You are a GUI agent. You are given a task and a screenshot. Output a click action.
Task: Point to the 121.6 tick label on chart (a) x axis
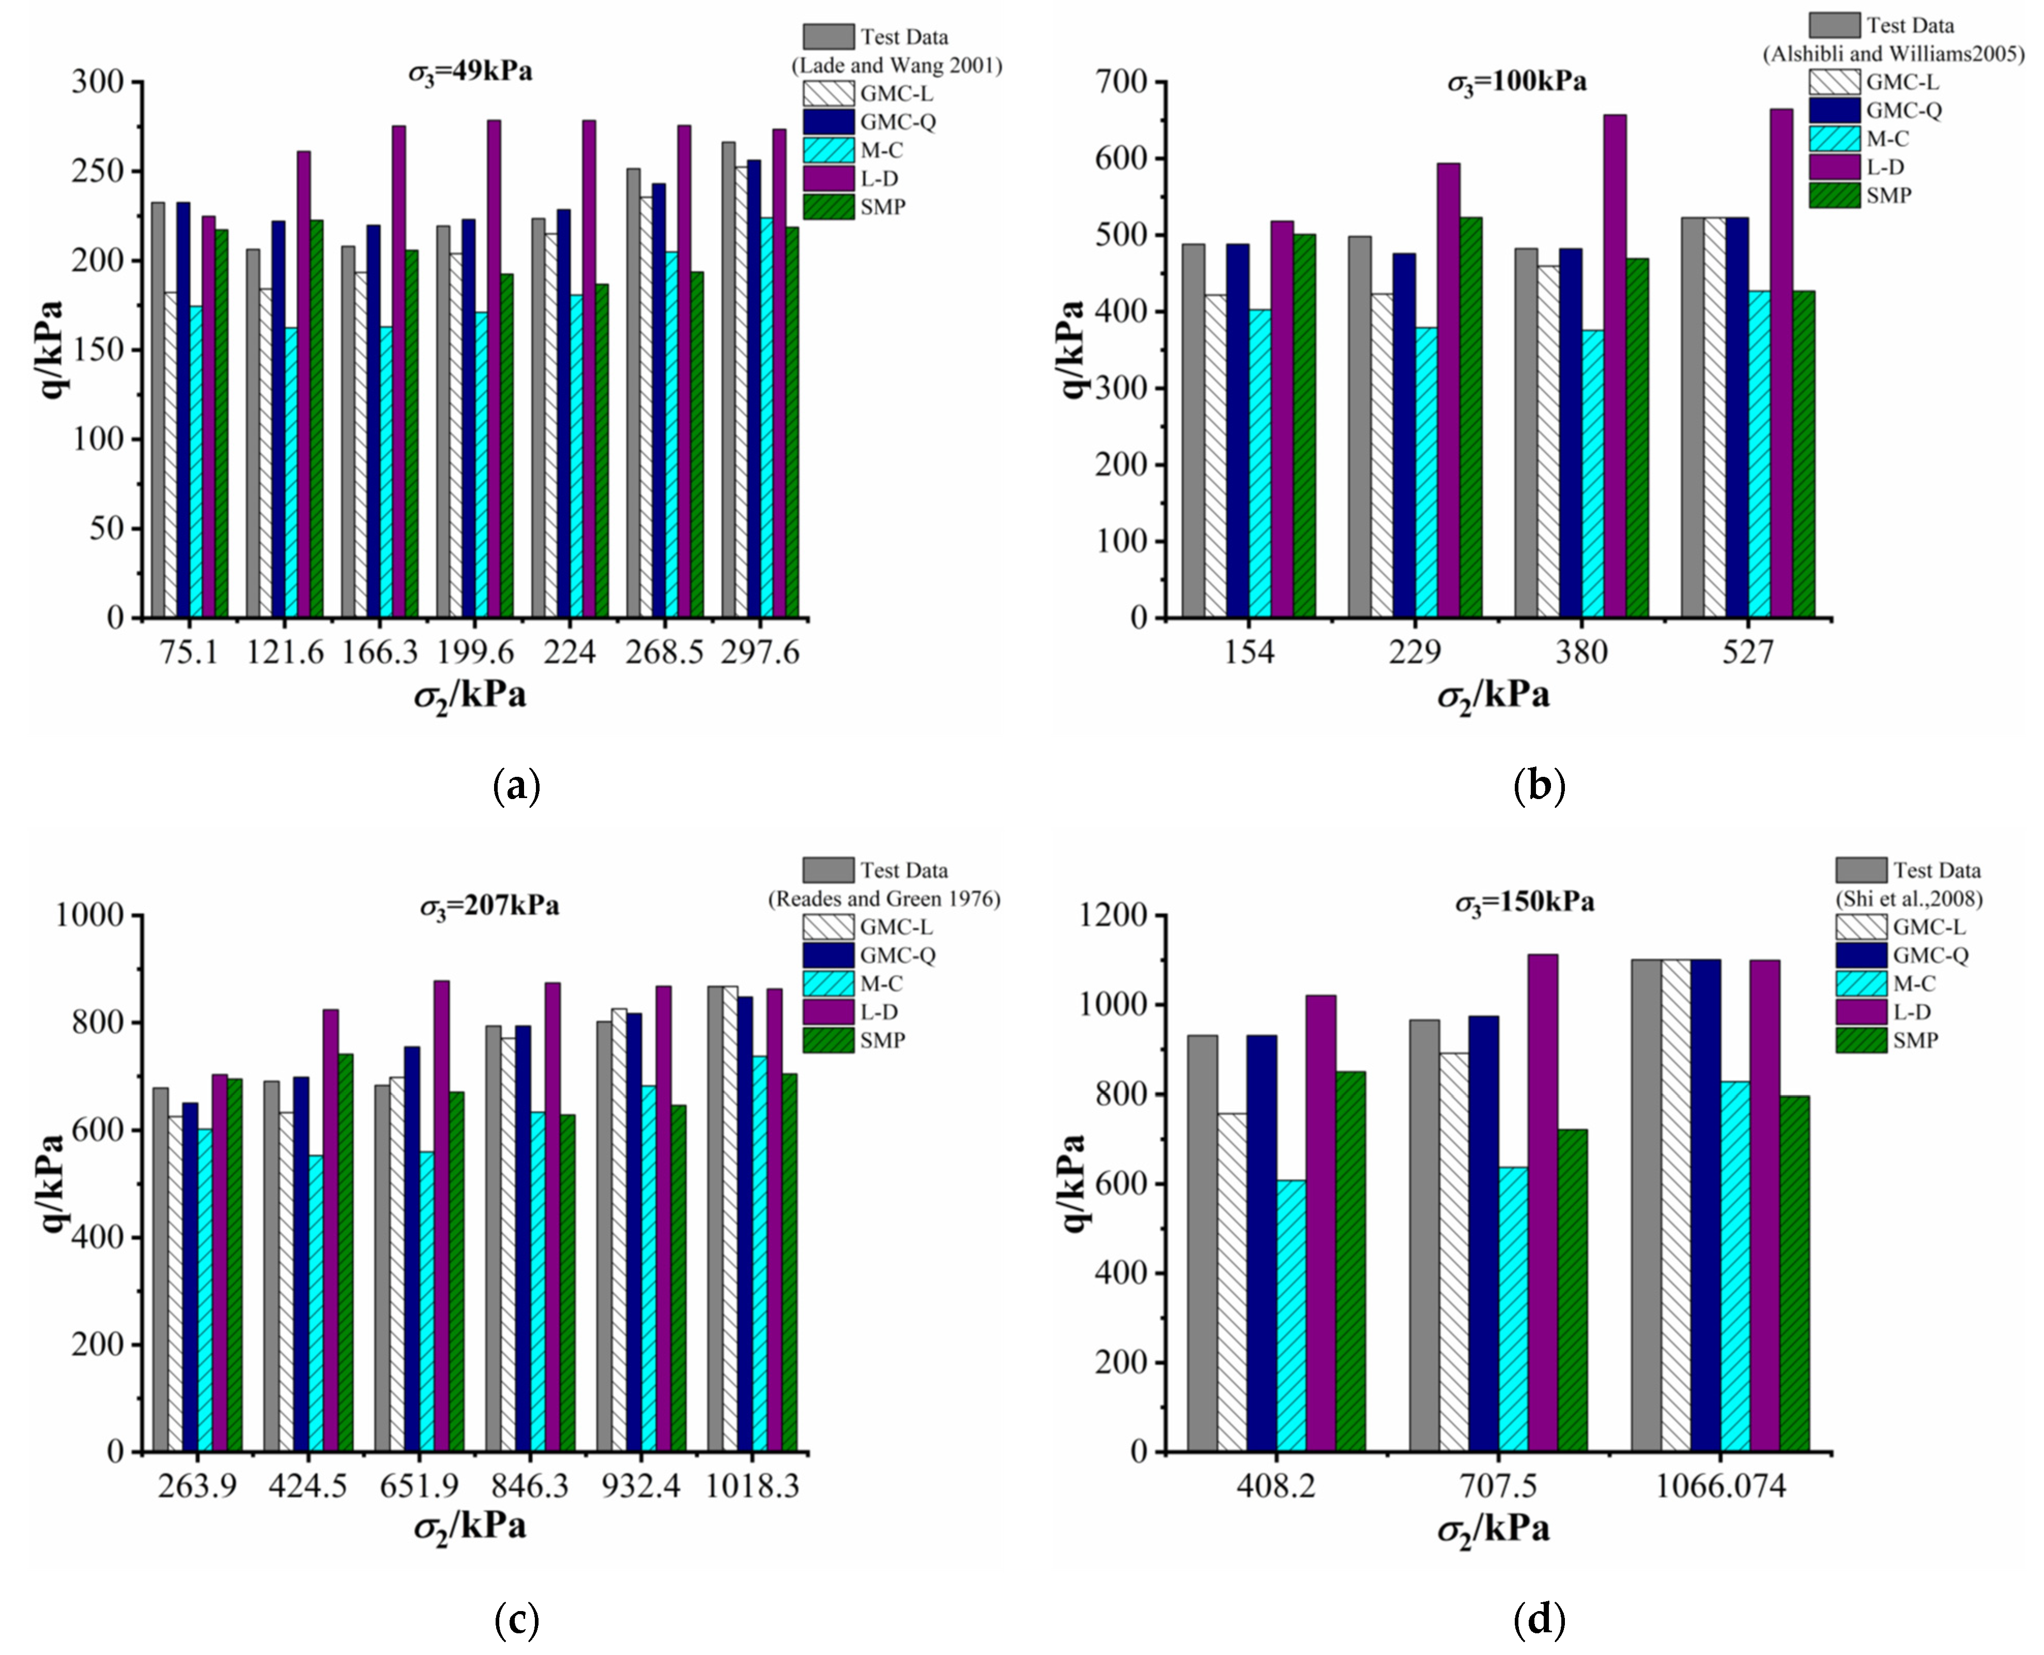coord(285,652)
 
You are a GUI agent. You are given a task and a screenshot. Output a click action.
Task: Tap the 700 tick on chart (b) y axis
coord(1123,82)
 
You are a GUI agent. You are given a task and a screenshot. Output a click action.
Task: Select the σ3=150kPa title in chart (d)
coord(1524,902)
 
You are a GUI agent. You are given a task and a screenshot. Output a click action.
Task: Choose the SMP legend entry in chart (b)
coord(1887,195)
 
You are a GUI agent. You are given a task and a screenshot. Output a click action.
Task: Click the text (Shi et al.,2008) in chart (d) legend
coord(1909,898)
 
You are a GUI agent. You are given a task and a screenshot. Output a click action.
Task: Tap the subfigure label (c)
coord(518,1619)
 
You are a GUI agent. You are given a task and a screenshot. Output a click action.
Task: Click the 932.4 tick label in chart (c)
coord(641,1485)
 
